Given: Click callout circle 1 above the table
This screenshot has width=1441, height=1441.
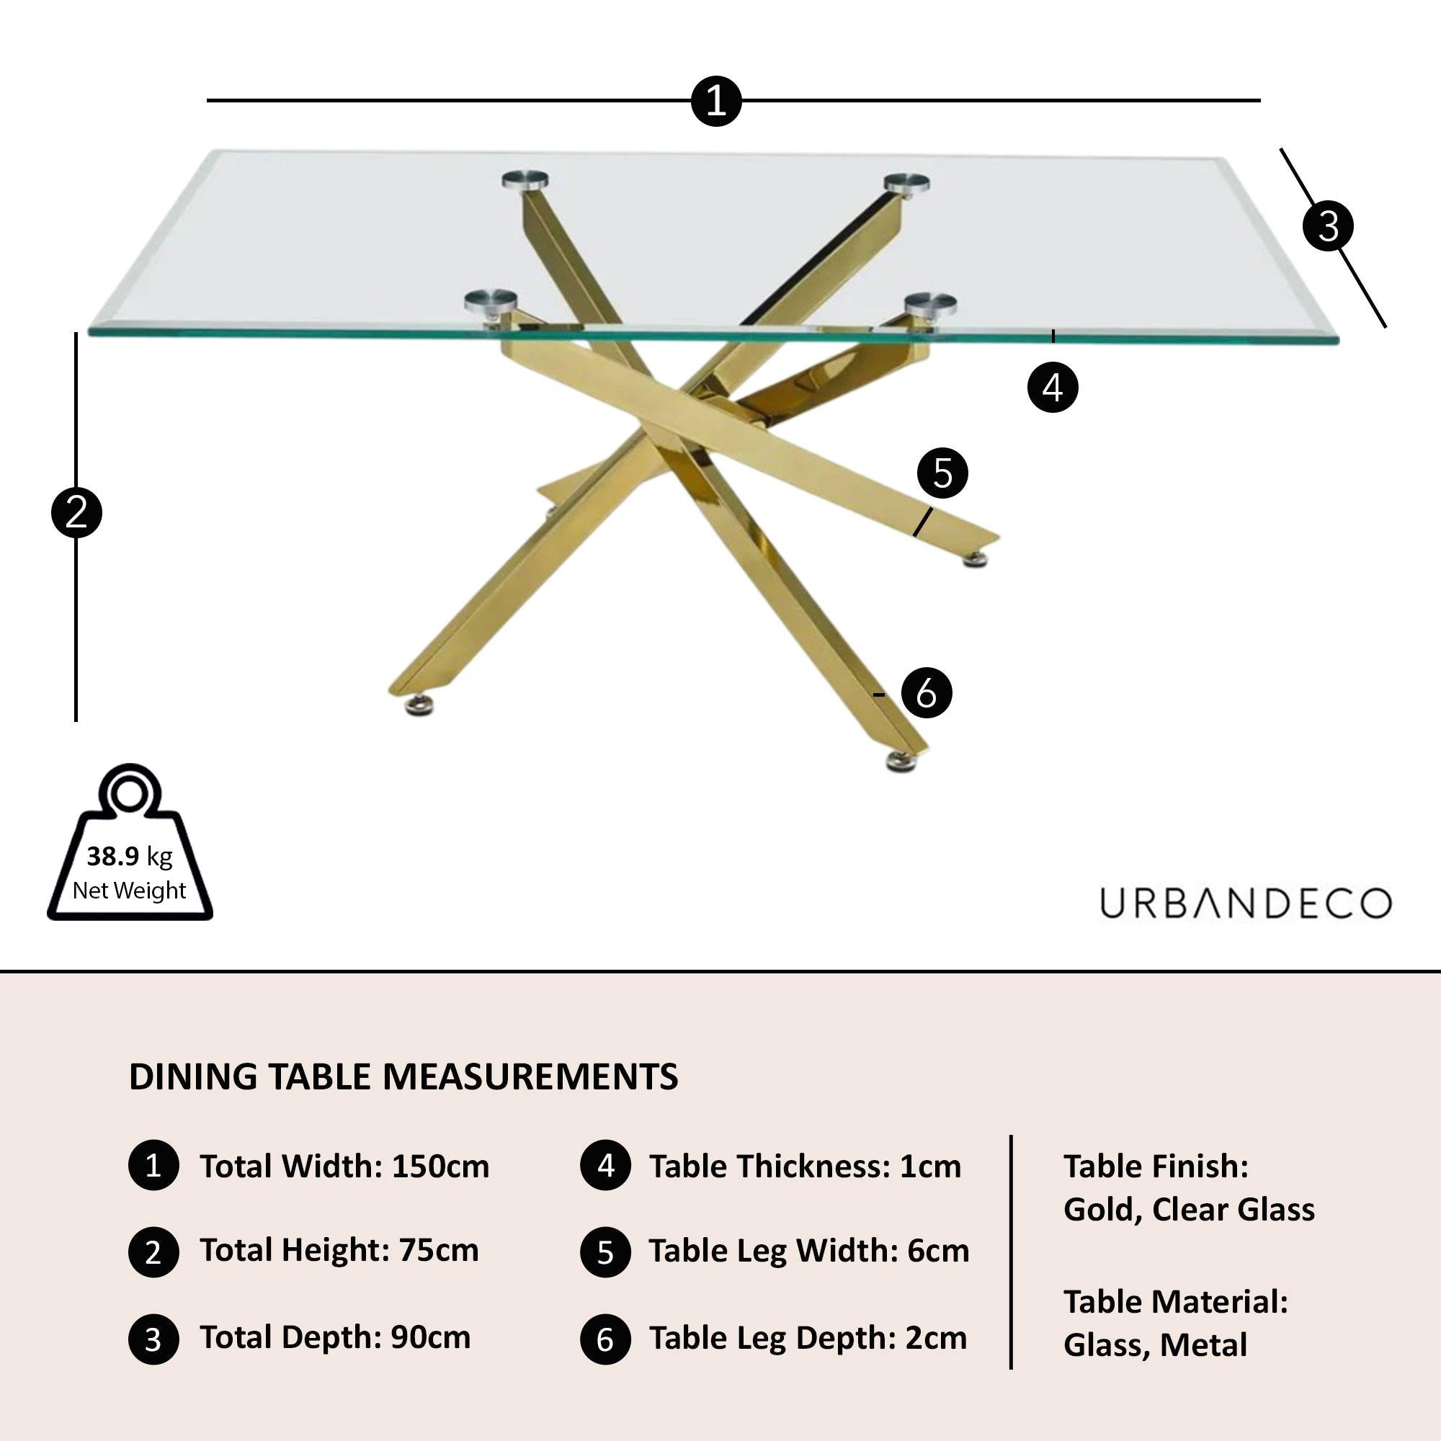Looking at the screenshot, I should click(x=715, y=101).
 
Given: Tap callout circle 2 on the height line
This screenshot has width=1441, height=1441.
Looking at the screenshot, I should click(x=76, y=513).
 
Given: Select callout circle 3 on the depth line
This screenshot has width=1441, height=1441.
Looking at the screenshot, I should click(x=1328, y=226).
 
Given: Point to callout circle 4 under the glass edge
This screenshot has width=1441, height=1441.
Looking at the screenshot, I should click(x=1053, y=387).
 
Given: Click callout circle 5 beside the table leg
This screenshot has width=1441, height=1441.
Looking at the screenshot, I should click(x=942, y=473).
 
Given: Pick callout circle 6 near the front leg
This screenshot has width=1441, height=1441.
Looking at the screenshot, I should click(x=927, y=693).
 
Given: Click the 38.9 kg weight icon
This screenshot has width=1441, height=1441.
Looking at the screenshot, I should click(x=130, y=846).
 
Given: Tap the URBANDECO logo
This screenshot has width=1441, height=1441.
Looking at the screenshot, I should click(x=1245, y=904).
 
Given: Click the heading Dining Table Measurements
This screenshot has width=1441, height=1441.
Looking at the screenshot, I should click(x=403, y=1077).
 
